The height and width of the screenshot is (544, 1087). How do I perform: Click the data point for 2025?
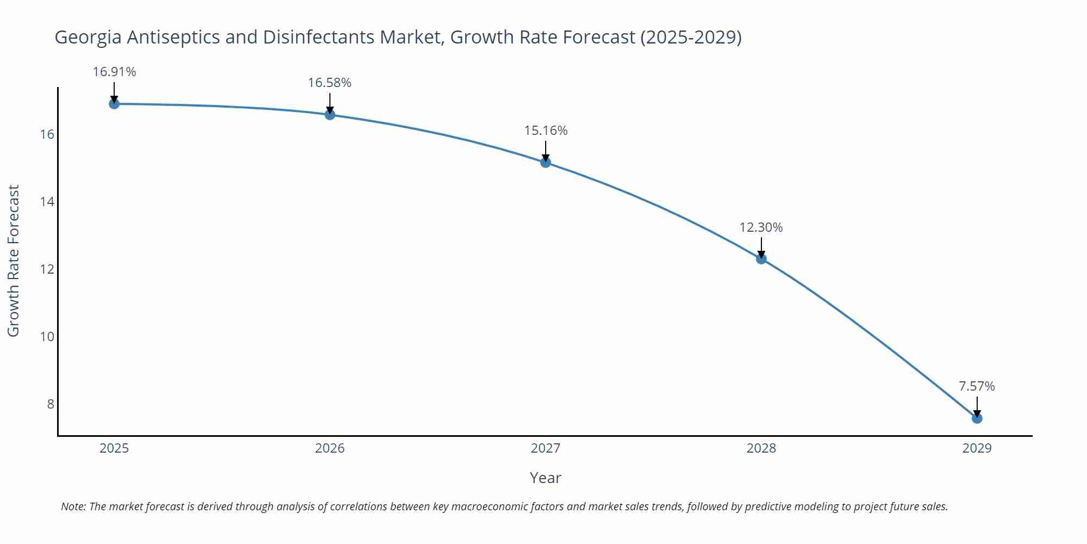coord(114,103)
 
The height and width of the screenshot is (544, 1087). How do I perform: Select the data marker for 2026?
coord(330,115)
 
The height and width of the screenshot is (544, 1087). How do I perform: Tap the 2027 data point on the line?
coord(546,162)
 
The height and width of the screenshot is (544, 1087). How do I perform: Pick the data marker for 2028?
coord(761,259)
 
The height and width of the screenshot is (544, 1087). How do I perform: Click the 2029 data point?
coord(977,418)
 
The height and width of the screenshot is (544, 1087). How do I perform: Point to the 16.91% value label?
coord(114,72)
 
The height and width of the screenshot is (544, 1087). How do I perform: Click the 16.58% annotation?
coord(330,83)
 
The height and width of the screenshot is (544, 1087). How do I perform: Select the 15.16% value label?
coord(546,131)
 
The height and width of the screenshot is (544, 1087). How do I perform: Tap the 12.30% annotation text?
coord(761,227)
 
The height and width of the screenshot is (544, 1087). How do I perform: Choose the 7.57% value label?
coord(977,386)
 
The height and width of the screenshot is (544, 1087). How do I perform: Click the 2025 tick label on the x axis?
coord(114,448)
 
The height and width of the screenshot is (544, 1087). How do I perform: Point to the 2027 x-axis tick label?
coord(546,448)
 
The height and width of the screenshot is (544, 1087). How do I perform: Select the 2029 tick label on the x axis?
coord(977,448)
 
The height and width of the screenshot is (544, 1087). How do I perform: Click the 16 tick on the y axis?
coord(47,134)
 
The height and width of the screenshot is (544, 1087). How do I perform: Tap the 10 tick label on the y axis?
coord(47,337)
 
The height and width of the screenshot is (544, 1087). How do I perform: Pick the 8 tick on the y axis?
coord(51,404)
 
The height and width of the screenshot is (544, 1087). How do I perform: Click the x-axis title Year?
coord(545,478)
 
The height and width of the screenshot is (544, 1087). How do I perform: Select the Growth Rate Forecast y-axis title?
coord(14,261)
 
